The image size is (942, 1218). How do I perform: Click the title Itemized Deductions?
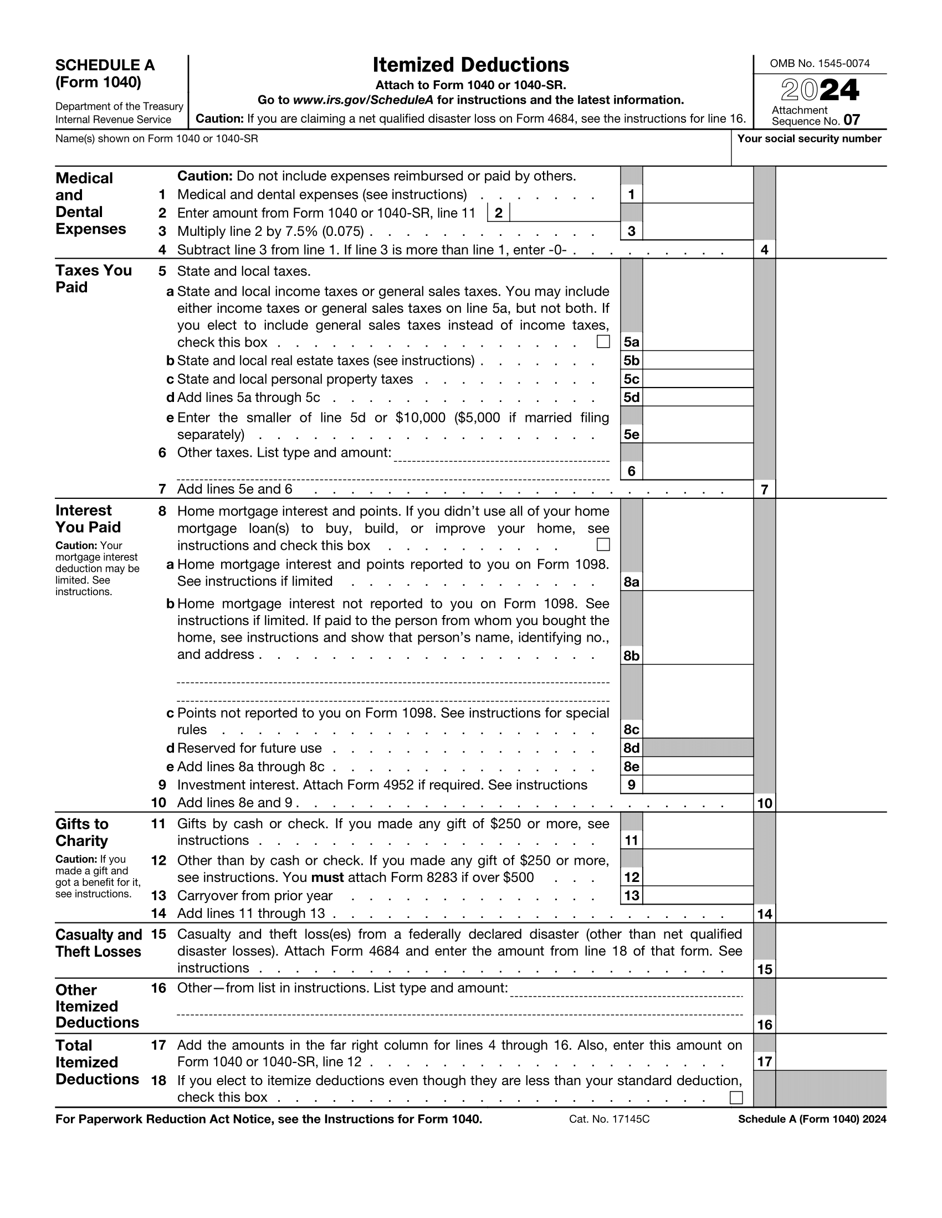click(470, 65)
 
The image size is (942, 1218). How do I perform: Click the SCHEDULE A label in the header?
click(105, 65)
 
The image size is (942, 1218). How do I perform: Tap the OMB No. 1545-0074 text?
click(819, 64)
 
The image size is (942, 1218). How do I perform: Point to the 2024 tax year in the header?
click(819, 90)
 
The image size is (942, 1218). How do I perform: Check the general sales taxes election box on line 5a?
click(603, 341)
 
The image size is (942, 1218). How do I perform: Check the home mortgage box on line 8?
click(603, 544)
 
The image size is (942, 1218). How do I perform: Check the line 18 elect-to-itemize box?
click(736, 1097)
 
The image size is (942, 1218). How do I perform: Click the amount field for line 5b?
click(698, 360)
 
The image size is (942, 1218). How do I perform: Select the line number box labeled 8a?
click(631, 582)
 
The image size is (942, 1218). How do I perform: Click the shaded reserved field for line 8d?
click(698, 748)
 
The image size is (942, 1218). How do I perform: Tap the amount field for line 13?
click(698, 895)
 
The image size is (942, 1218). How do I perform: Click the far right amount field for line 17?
click(831, 1061)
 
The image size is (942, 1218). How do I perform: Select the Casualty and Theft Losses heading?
click(98, 942)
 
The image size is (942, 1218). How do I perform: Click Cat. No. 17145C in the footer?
click(609, 1119)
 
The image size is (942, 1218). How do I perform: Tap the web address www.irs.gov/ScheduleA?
click(364, 100)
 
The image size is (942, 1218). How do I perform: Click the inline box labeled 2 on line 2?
click(498, 213)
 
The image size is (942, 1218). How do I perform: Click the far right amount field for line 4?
click(831, 249)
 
